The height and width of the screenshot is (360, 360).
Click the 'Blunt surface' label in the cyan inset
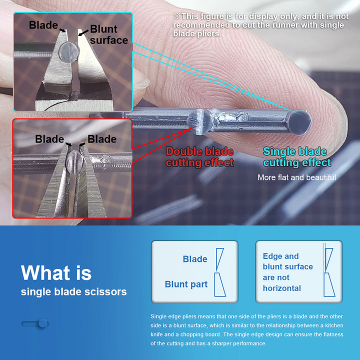109,34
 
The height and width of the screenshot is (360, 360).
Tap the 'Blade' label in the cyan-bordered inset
43,25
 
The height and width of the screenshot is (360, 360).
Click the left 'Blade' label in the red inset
49,139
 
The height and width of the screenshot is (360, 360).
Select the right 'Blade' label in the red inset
102,139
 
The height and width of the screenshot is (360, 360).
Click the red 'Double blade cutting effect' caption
199,157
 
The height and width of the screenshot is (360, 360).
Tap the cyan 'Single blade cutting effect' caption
297,157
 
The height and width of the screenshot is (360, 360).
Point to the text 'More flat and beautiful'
296,177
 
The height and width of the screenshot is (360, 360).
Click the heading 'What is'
56,273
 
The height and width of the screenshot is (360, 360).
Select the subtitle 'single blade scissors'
73,292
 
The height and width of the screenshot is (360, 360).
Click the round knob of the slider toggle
43,323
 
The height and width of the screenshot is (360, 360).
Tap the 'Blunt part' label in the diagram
186,284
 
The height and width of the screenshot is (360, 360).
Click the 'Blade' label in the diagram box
195,259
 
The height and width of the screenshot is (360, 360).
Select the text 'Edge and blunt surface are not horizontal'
288,272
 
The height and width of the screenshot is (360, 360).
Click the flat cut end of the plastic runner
299,122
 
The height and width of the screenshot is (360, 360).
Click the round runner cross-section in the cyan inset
69,52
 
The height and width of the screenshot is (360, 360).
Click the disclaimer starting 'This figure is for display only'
261,25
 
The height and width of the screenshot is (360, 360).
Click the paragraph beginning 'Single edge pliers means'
247,329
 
